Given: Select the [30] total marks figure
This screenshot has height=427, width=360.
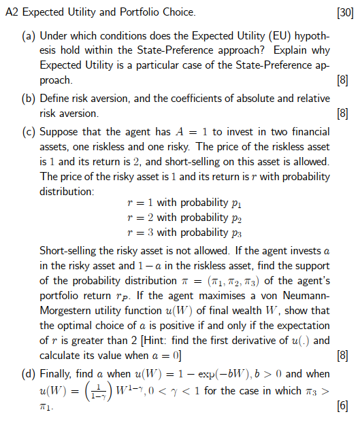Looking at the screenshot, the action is [x=345, y=12].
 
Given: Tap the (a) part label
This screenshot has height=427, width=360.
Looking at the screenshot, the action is [x=29, y=35].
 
